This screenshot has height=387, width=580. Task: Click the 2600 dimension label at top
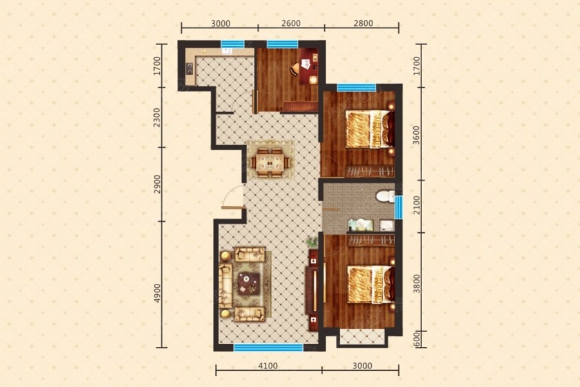point(291,23)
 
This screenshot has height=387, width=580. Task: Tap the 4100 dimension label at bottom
point(268,366)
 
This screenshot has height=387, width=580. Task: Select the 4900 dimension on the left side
point(158,293)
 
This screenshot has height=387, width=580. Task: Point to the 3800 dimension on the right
point(417,284)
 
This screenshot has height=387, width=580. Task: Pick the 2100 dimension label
point(417,205)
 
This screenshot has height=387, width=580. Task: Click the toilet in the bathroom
point(385,196)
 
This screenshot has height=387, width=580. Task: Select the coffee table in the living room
point(249,283)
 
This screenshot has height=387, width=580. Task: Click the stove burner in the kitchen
point(189,68)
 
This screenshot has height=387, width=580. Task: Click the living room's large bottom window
point(268,348)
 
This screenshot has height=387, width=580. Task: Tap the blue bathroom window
point(398,208)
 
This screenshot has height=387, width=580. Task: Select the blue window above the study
point(282,44)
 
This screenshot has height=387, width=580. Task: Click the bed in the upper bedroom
point(371,130)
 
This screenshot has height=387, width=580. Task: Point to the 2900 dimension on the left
point(158,184)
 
